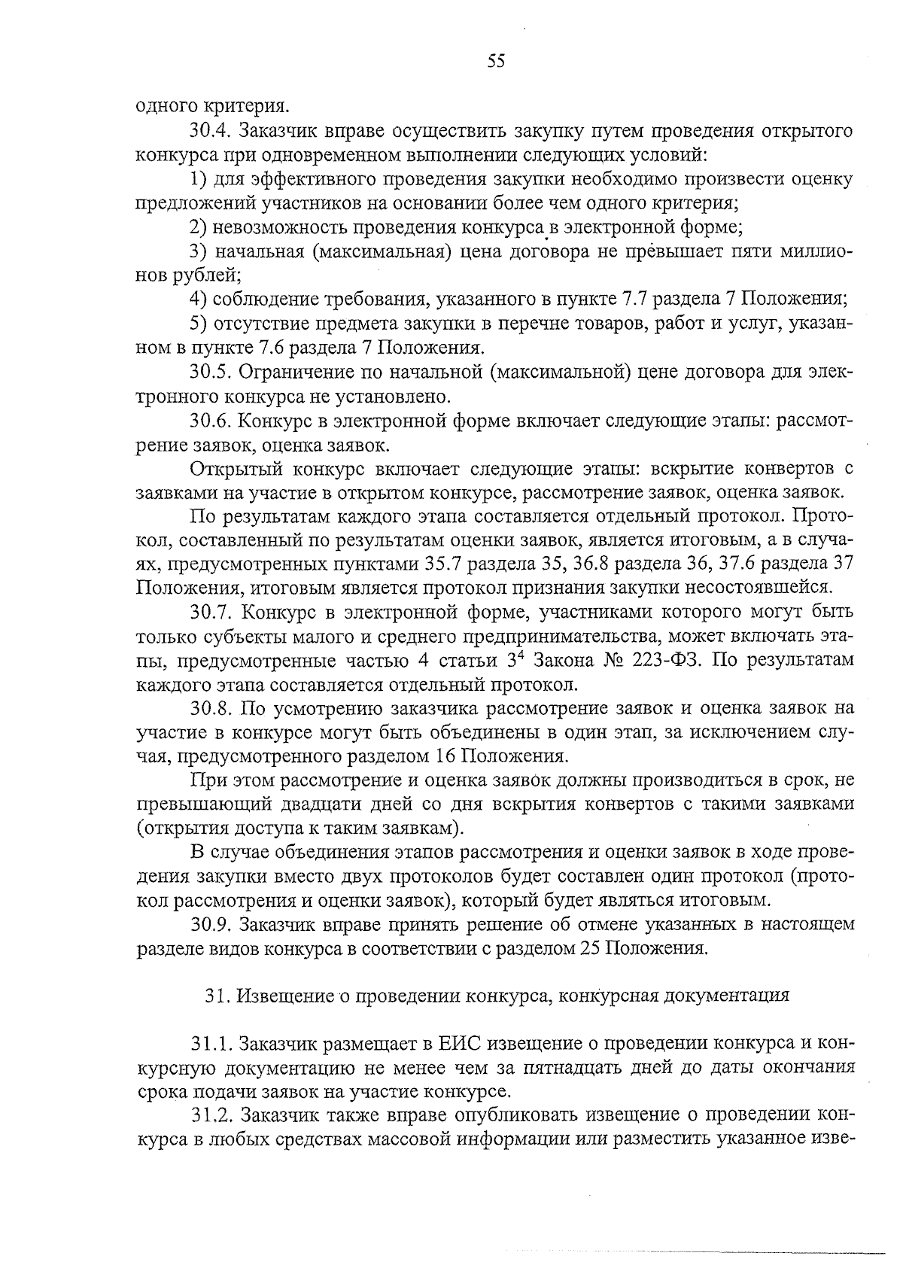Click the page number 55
pos(496,62)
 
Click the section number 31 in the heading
pos(217,996)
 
